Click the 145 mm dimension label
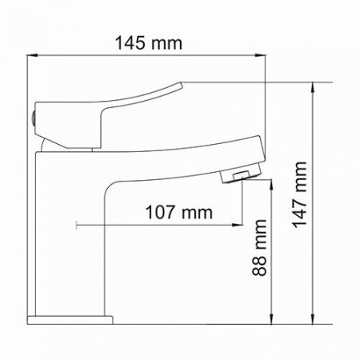149,41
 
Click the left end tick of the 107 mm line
75,226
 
